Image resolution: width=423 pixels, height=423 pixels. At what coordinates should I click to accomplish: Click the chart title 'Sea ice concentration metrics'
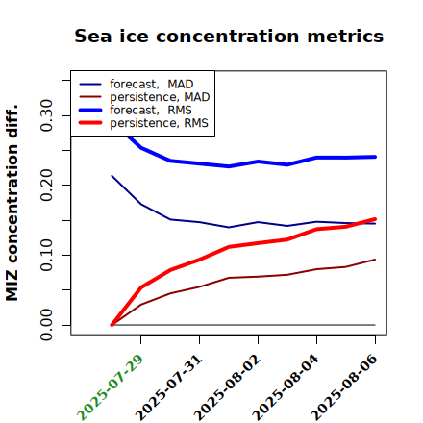tap(229, 37)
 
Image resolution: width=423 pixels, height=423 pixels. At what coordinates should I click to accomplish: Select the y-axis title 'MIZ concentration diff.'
tap(12, 203)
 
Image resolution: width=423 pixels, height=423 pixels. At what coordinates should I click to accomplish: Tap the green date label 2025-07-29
tap(110, 387)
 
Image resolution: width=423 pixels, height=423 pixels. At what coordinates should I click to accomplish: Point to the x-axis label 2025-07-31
tap(168, 387)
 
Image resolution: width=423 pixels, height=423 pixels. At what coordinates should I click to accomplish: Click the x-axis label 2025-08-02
tap(227, 387)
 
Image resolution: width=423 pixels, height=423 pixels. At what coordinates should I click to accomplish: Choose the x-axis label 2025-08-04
tap(286, 387)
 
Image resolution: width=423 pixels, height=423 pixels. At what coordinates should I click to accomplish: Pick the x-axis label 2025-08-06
tap(344, 387)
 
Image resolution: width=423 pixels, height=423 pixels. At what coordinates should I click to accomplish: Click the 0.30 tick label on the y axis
tap(46, 115)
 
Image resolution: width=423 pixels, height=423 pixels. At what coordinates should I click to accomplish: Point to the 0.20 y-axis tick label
tap(46, 185)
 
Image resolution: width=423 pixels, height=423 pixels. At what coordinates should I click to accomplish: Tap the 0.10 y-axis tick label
tap(46, 255)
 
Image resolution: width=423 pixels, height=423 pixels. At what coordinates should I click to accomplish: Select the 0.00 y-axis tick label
tap(46, 325)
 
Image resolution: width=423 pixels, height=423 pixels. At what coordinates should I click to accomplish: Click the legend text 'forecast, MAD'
tap(152, 85)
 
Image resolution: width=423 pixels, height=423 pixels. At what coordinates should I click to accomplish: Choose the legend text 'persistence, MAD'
tap(160, 97)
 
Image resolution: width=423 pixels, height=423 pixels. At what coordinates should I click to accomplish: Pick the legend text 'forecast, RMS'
tap(151, 111)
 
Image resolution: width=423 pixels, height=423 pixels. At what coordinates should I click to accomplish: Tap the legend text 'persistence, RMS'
tap(159, 123)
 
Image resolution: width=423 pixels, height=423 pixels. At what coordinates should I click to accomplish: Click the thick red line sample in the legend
tap(90, 123)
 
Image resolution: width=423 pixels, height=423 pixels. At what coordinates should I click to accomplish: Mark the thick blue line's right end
tap(375, 157)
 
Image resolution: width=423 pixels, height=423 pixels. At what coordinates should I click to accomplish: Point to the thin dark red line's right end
tap(375, 260)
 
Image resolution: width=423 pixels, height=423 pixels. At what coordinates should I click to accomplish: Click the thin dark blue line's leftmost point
tap(112, 176)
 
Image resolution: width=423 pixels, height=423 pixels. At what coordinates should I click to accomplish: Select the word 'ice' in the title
tap(134, 37)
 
